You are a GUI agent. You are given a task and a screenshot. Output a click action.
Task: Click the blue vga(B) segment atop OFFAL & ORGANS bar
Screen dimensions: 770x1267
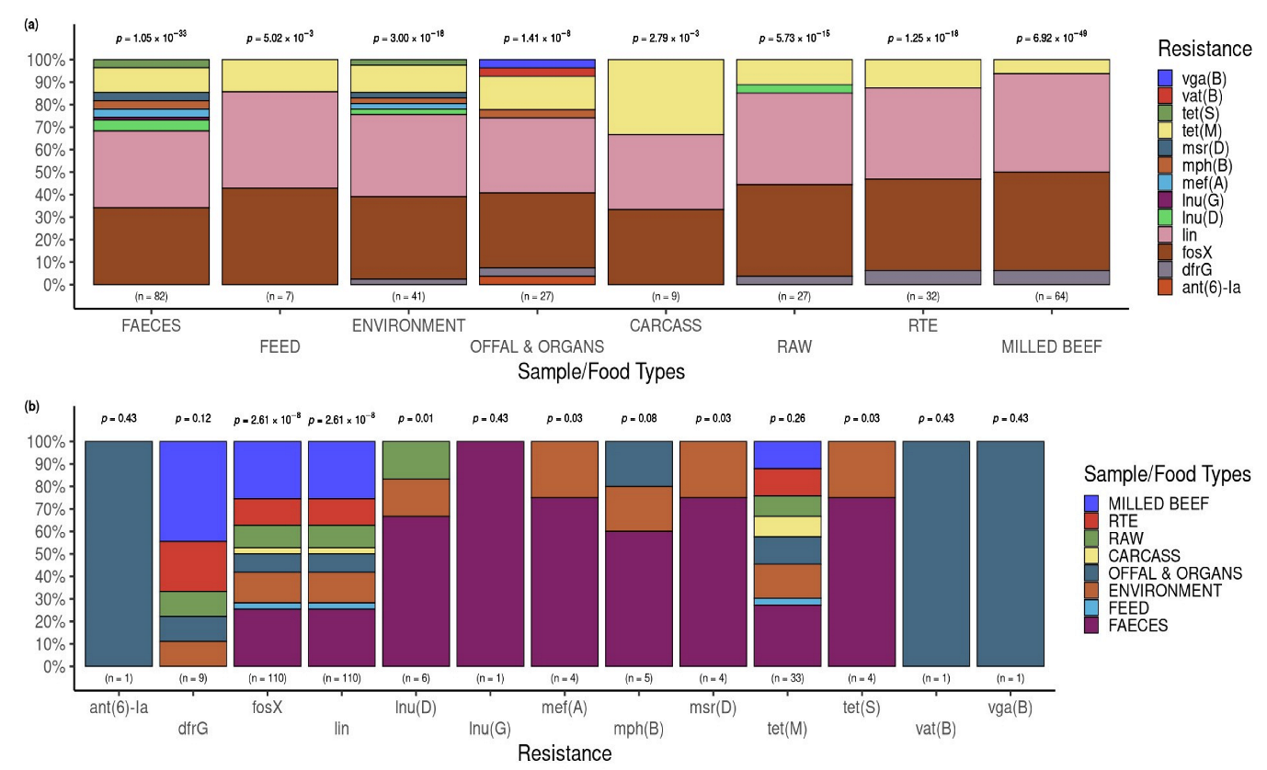coord(537,63)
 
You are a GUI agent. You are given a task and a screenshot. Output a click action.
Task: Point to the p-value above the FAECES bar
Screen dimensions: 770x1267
coord(152,39)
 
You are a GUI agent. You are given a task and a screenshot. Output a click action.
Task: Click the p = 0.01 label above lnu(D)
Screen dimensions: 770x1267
coord(416,419)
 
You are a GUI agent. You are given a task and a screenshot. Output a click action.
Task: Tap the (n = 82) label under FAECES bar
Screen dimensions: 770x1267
coord(152,296)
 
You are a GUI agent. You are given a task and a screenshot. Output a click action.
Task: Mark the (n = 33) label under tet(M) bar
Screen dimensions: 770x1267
coord(787,678)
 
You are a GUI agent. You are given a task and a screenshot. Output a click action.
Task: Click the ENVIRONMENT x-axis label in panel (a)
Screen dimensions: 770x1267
coord(408,325)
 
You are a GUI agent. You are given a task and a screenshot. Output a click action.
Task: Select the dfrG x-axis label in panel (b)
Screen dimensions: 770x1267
coord(193,729)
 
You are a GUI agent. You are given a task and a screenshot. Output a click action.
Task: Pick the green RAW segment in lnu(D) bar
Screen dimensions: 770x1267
coord(416,459)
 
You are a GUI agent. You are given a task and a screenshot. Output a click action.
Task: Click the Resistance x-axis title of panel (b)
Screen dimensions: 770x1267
coord(564,753)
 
